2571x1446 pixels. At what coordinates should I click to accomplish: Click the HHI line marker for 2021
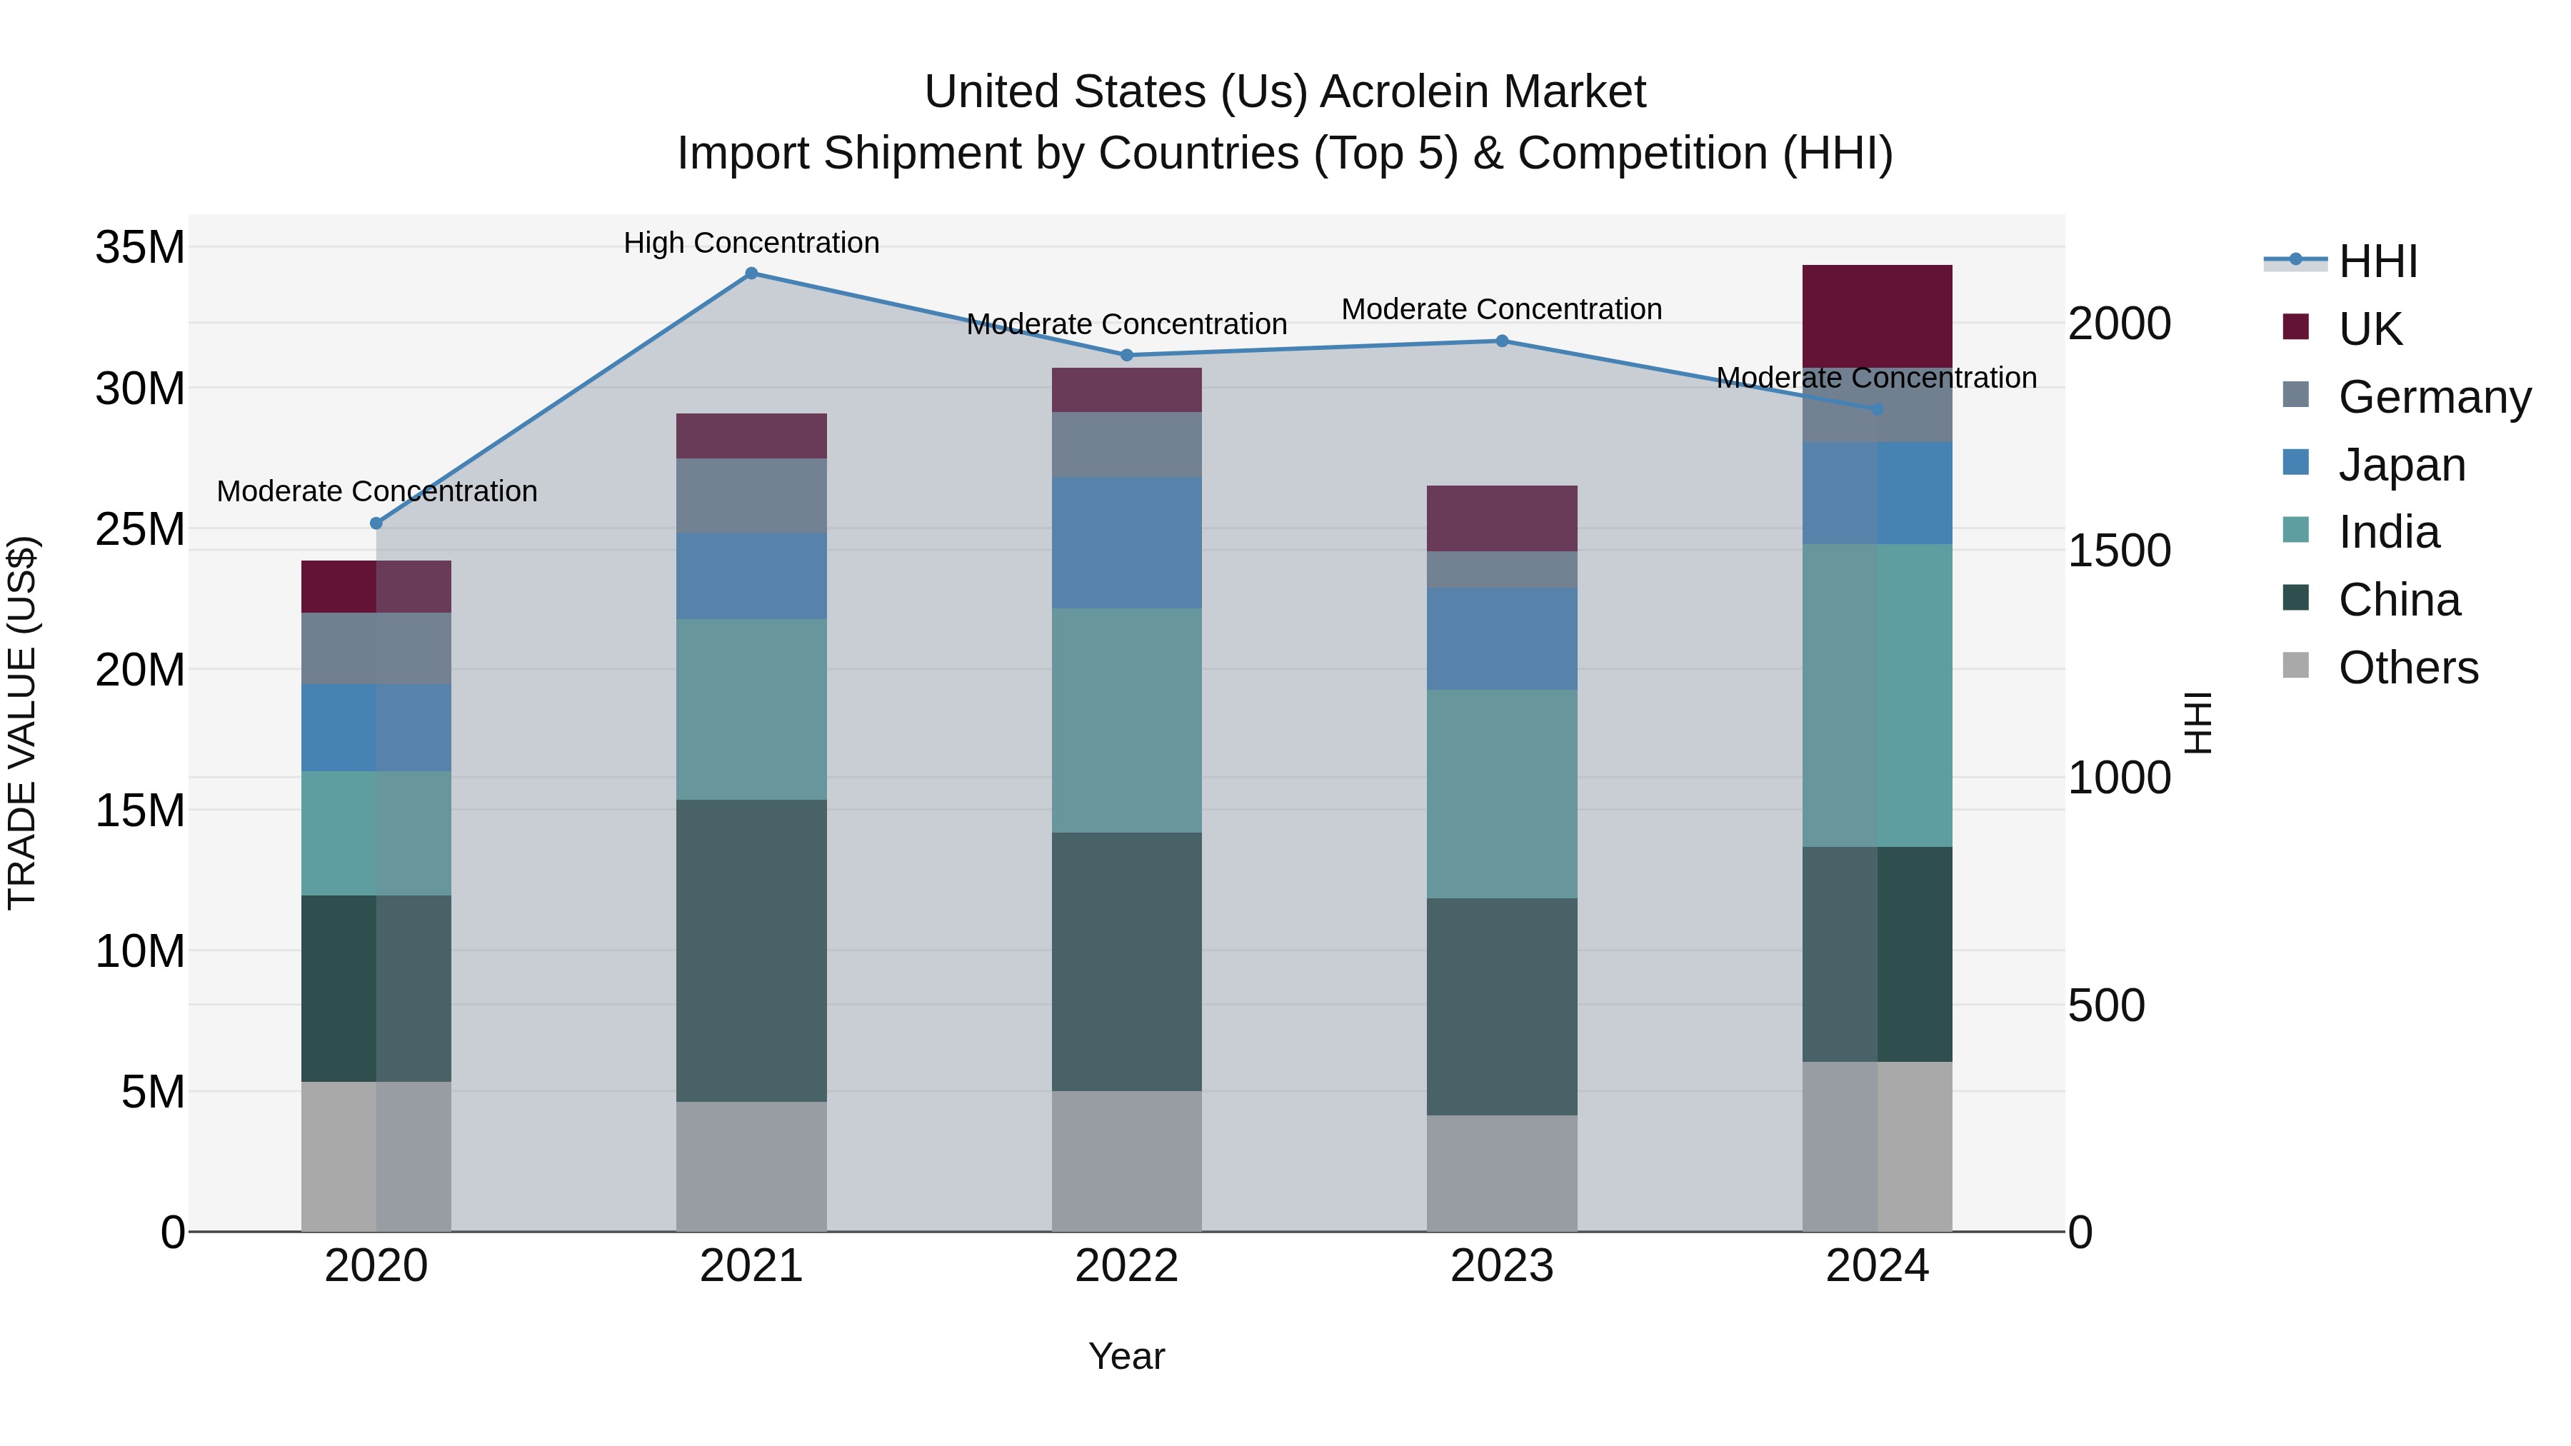click(x=751, y=273)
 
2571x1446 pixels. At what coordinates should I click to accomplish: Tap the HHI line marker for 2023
click(x=1501, y=341)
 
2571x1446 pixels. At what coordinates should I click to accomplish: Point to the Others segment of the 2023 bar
click(x=1501, y=1173)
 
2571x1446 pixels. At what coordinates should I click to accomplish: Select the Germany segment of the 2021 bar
click(x=751, y=496)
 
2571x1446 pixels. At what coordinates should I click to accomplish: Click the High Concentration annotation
click(x=751, y=243)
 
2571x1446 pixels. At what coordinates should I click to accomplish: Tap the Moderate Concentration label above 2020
click(x=376, y=492)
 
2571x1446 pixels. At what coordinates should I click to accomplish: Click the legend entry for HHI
click(x=2377, y=261)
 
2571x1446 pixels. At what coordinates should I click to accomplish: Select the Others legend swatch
click(x=2295, y=666)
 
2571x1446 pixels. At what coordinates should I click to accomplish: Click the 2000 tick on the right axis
click(x=2119, y=323)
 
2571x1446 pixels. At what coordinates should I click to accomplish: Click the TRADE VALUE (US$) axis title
click(x=22, y=723)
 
